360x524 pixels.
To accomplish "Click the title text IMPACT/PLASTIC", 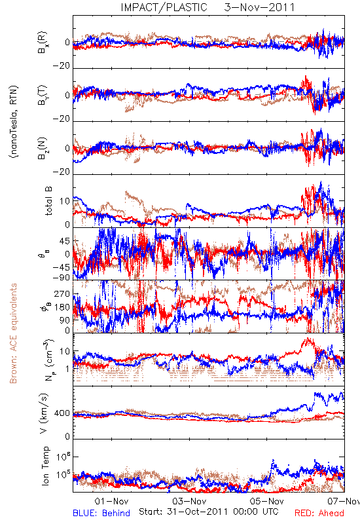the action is click(164, 7).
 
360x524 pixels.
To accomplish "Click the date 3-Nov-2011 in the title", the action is click(259, 7).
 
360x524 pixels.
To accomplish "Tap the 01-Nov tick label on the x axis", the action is click(111, 501).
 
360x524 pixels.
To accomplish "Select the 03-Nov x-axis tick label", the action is click(190, 501).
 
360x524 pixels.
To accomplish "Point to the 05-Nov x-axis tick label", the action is click(267, 501).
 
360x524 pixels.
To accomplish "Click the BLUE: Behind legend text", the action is click(101, 513).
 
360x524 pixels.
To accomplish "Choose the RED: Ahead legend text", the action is click(319, 513).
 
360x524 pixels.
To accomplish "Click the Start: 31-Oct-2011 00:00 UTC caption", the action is click(209, 512).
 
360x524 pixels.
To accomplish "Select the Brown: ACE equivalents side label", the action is click(13, 333).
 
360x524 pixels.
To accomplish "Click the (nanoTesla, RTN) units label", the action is click(14, 121).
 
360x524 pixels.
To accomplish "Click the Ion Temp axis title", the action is click(45, 466).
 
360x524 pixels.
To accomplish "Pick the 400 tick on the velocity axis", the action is click(62, 413).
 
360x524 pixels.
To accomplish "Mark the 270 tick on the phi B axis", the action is click(62, 293).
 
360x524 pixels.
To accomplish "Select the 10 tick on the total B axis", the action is click(65, 201).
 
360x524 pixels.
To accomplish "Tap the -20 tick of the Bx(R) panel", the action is click(61, 66).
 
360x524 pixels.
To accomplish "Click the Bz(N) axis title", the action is click(43, 148).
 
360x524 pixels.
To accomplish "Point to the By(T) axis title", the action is click(43, 95).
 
